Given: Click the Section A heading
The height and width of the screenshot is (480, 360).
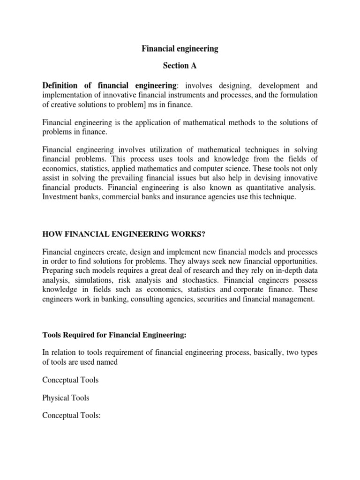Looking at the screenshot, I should (x=180, y=66).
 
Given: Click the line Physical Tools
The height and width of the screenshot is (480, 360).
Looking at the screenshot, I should (x=66, y=398).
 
